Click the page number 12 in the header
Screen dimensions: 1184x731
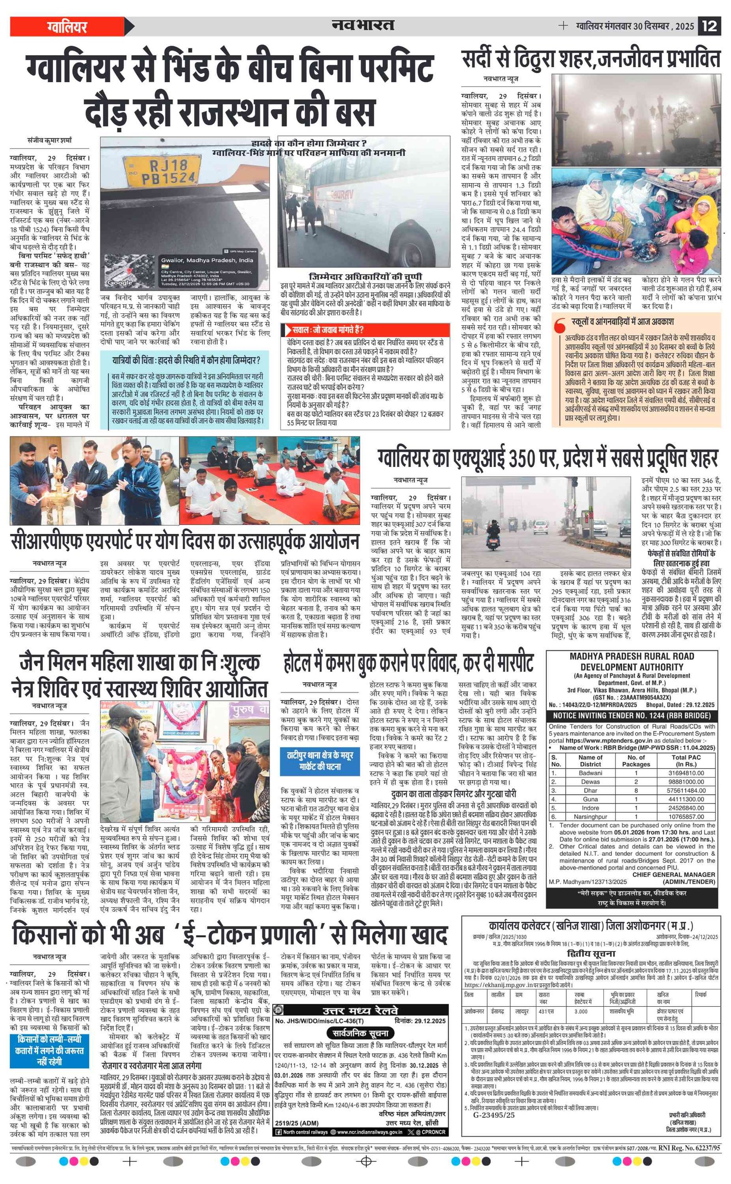pos(709,26)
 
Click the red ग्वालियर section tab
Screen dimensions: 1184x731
pos(68,26)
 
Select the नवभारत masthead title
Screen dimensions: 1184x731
pos(363,25)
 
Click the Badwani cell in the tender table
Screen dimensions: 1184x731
pos(590,773)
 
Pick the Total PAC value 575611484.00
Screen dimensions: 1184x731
pos(686,790)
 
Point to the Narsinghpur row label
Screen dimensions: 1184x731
pos(590,817)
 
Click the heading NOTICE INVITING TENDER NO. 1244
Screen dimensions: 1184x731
pos(632,715)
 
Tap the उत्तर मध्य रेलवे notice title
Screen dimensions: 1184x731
pos(360,1011)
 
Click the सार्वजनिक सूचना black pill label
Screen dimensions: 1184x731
pos(360,1033)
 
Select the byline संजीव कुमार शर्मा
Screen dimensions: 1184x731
pos(49,141)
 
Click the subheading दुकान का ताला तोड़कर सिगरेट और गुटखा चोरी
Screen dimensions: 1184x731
pos(453,794)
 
